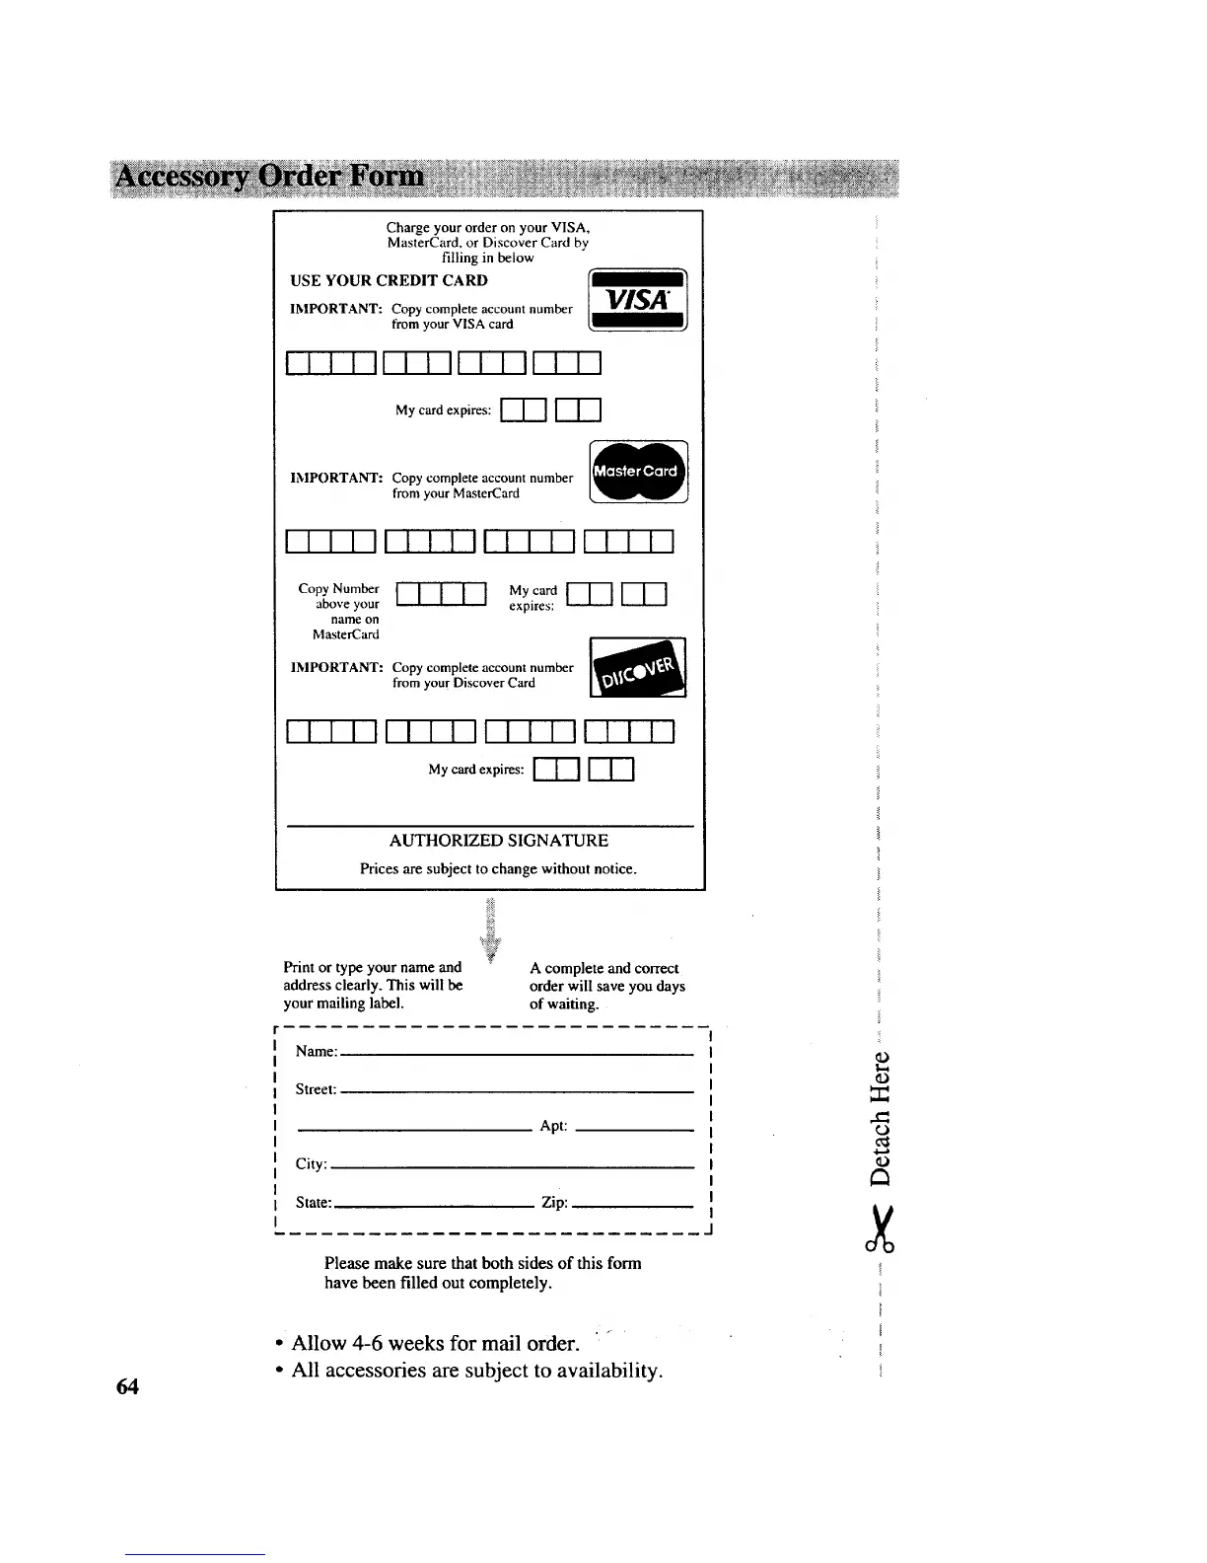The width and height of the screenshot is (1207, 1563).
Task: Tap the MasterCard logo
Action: click(x=638, y=472)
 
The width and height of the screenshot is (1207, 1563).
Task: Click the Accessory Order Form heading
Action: click(x=270, y=178)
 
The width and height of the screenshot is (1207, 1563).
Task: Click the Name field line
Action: click(x=516, y=1054)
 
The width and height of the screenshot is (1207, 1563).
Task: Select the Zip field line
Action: click(x=632, y=1205)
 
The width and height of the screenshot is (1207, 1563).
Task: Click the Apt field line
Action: click(x=634, y=1129)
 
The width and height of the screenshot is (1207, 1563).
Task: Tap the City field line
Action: click(x=511, y=1166)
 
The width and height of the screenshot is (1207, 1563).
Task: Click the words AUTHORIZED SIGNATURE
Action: click(x=499, y=841)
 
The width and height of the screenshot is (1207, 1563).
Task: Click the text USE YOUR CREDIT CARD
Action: click(x=389, y=280)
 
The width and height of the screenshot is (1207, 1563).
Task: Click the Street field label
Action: click(x=316, y=1089)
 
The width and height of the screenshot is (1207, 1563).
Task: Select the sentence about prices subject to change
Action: click(x=498, y=869)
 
